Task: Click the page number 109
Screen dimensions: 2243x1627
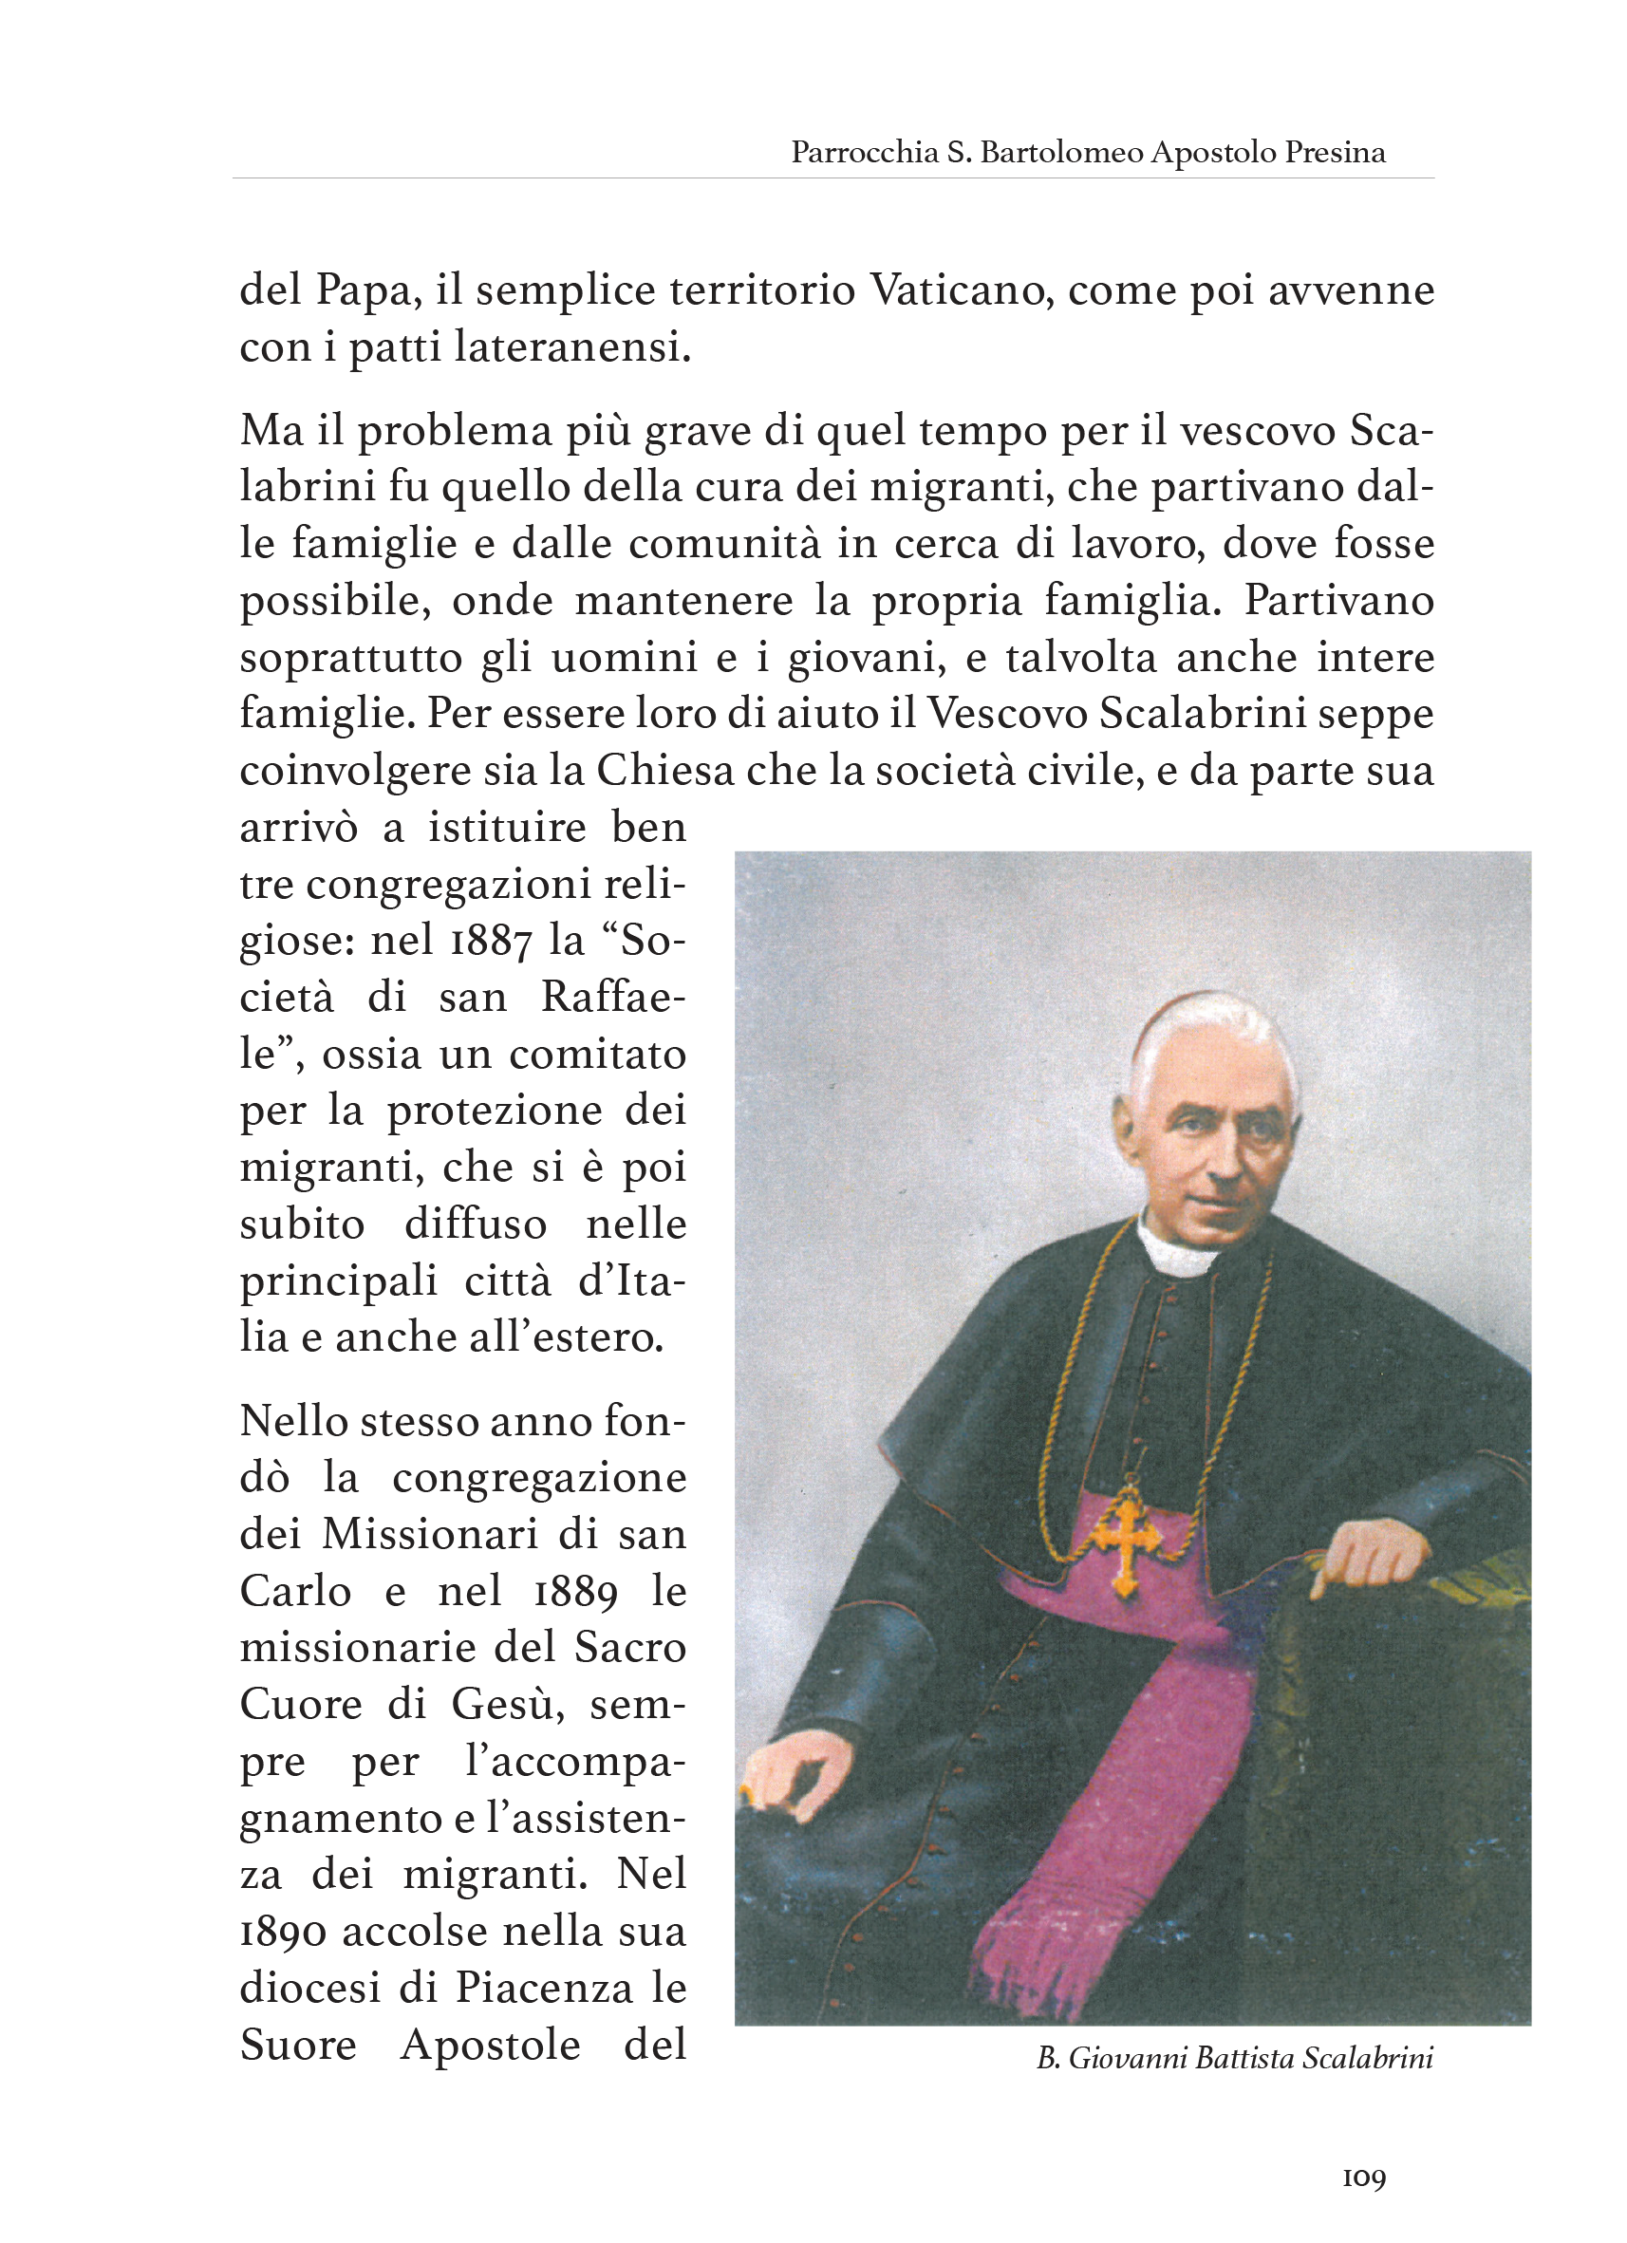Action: pos(1364,2178)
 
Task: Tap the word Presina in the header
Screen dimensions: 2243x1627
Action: pos(1335,152)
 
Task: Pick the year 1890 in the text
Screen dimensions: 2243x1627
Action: pos(283,1932)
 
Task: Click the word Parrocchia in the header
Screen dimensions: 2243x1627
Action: pos(864,152)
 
